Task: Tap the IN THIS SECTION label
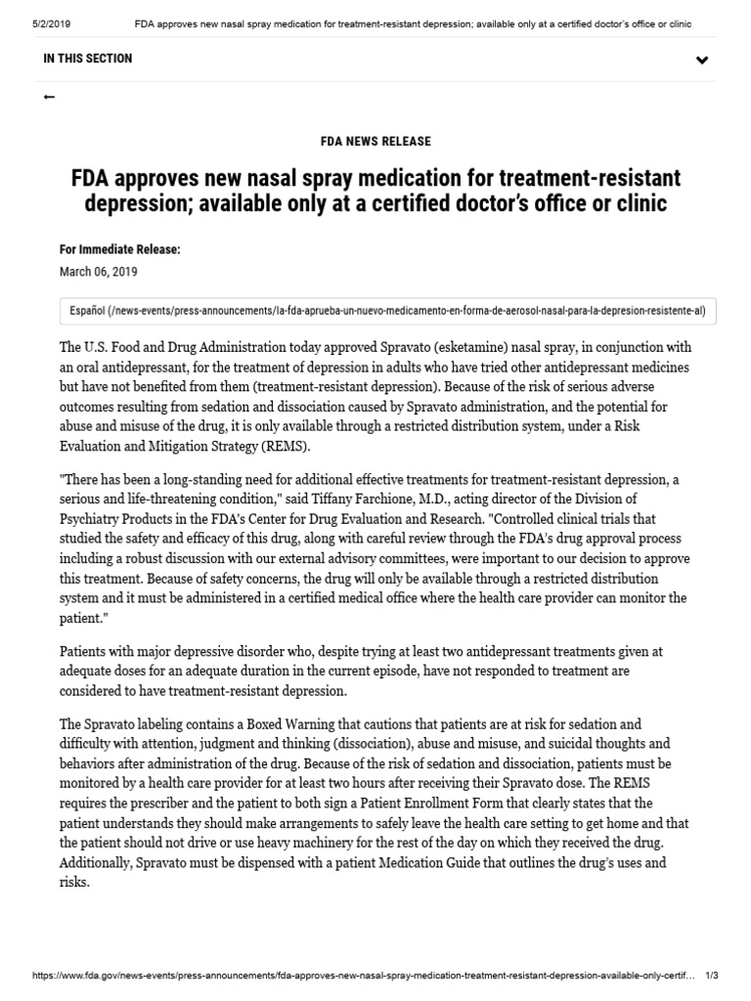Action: tap(88, 59)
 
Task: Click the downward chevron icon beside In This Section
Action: tap(701, 61)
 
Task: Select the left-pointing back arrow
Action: tap(50, 97)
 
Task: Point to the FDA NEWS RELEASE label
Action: tap(375, 142)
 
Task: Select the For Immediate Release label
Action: tap(120, 250)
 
